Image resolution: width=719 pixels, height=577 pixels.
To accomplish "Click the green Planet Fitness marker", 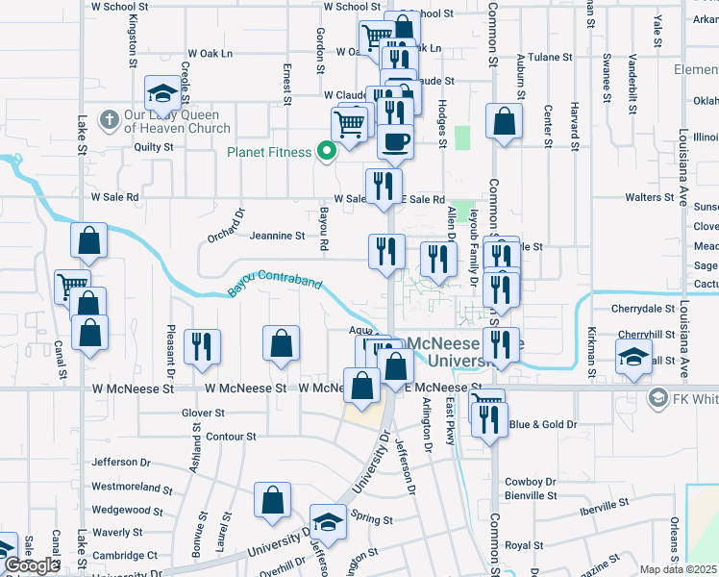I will click(x=327, y=151).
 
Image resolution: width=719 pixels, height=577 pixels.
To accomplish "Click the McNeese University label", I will click(x=466, y=351).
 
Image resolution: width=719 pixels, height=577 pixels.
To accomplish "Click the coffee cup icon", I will click(x=395, y=142).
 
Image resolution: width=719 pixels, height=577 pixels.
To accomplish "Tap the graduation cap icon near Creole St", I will click(x=162, y=93).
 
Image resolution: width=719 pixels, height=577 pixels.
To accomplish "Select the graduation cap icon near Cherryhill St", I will click(x=634, y=358).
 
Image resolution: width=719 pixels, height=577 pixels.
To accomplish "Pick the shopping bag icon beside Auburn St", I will click(x=504, y=121).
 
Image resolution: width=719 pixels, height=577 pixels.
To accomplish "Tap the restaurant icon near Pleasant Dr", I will click(x=202, y=346).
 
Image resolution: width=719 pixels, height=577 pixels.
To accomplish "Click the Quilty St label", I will click(x=153, y=147).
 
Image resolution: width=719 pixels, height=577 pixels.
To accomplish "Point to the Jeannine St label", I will click(x=277, y=235).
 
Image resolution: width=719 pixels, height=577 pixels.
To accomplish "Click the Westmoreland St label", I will click(x=130, y=487).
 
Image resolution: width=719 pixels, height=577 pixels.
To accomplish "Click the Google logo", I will click(x=32, y=565).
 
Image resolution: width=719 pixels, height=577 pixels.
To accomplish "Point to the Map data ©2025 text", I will click(x=678, y=569).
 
